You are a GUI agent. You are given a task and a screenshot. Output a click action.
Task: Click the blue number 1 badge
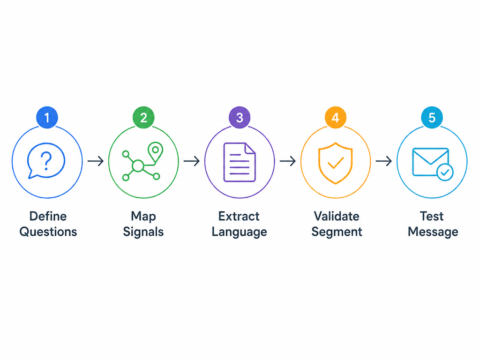coord(47,118)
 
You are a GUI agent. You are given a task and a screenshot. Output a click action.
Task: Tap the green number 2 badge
coord(143,118)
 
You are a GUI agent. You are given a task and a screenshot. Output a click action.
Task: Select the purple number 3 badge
coord(240,118)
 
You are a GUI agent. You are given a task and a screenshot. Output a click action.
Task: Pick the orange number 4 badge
coord(336,118)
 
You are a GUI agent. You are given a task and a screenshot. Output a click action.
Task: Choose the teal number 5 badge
coord(432,118)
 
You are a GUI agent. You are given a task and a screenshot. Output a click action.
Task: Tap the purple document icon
coord(240,162)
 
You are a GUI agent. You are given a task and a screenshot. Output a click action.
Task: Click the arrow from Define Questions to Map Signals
coord(96,161)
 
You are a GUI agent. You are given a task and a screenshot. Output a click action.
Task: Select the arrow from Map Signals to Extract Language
coord(192,161)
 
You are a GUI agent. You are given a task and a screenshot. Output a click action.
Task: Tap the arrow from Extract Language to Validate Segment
coord(288,161)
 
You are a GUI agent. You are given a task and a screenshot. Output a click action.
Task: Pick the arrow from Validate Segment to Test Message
coord(384,161)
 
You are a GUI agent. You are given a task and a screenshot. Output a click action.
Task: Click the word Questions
coord(48,232)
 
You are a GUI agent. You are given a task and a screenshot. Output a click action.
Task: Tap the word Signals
coord(143,232)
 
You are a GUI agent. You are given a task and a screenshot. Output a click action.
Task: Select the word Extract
coord(239,216)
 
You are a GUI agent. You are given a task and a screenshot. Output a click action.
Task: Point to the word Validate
coord(337,216)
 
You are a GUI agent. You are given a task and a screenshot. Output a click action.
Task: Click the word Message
coord(433,232)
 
